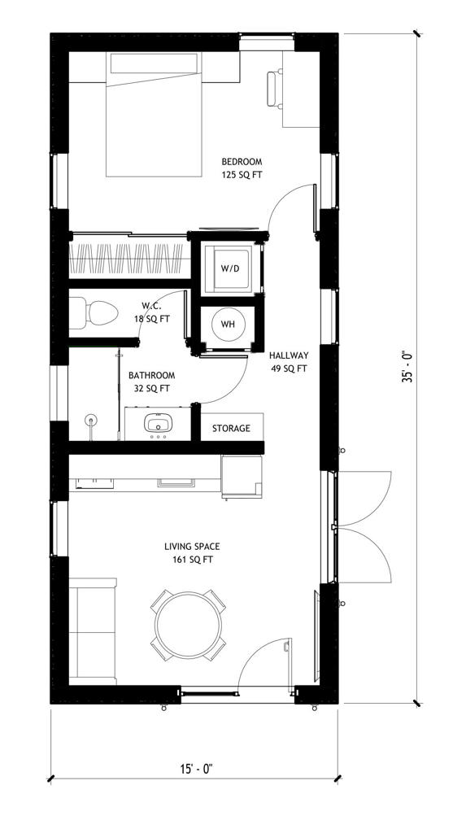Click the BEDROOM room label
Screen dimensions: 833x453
point(242,162)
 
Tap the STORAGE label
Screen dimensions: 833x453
point(232,429)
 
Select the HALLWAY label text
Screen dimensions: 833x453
point(289,355)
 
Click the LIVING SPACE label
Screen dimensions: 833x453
point(192,547)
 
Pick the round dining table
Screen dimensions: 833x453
point(188,627)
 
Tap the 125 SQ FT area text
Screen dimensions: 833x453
point(242,175)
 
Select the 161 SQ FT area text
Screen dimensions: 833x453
point(192,560)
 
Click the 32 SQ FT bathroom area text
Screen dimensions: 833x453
point(151,389)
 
